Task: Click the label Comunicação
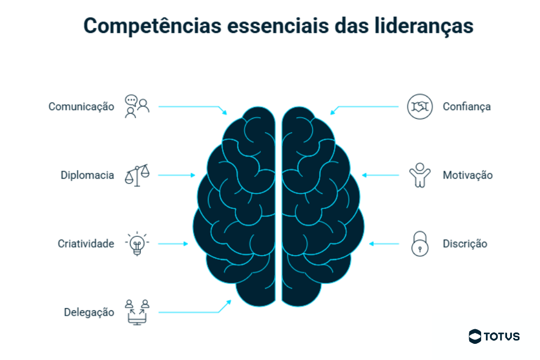pyautogui.click(x=81, y=106)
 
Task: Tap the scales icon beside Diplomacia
pyautogui.click(x=137, y=175)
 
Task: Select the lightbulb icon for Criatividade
pyautogui.click(x=137, y=244)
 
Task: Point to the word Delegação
pyautogui.click(x=89, y=313)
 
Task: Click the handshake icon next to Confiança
pyautogui.click(x=420, y=106)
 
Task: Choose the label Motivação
pyautogui.click(x=468, y=175)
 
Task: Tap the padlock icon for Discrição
pyautogui.click(x=420, y=243)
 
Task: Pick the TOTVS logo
pyautogui.click(x=494, y=336)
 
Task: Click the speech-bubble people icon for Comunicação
pyautogui.click(x=137, y=106)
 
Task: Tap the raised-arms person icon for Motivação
pyautogui.click(x=420, y=175)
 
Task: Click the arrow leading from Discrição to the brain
pyautogui.click(x=384, y=244)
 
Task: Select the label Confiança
pyautogui.click(x=467, y=106)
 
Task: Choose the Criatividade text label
pyautogui.click(x=86, y=244)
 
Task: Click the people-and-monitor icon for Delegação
pyautogui.click(x=137, y=312)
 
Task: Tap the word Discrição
pyautogui.click(x=465, y=244)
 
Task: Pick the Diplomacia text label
pyautogui.click(x=87, y=175)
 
